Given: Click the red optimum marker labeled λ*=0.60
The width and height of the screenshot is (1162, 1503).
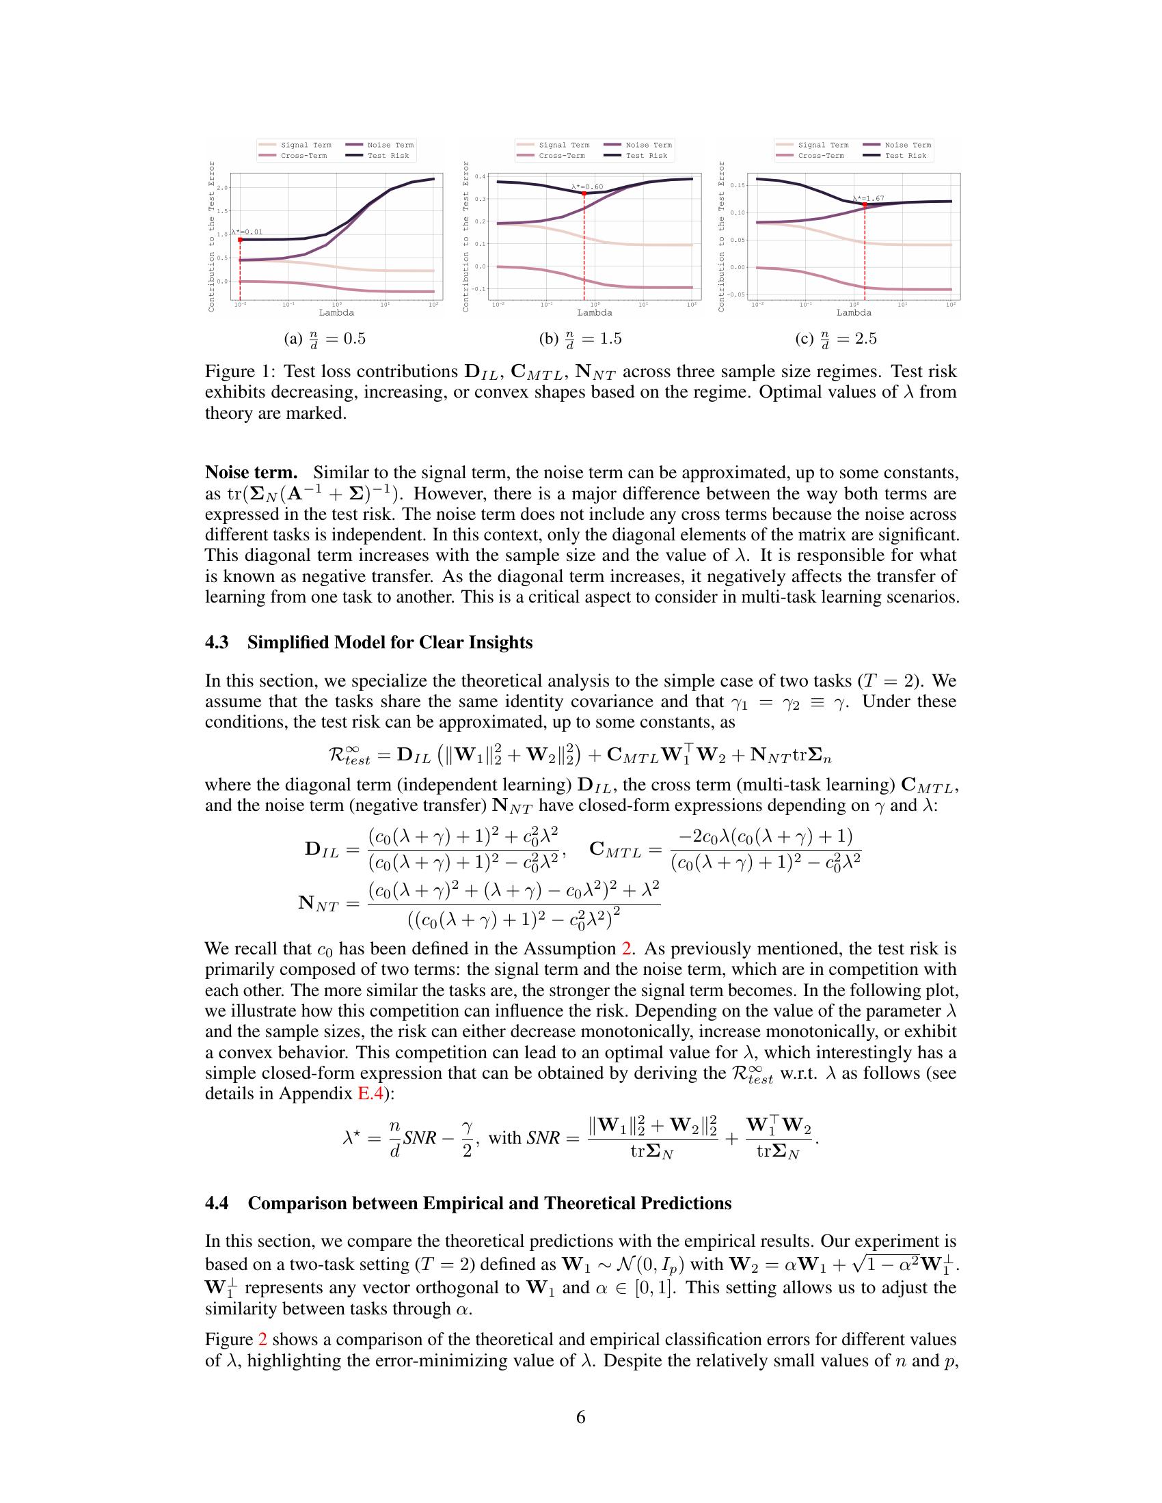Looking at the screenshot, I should tap(584, 194).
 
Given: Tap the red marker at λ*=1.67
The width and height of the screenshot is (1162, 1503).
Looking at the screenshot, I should tap(864, 205).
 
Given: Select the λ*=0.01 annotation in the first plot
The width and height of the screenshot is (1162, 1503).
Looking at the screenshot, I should tap(247, 232).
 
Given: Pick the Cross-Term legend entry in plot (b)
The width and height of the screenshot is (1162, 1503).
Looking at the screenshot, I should tap(561, 156).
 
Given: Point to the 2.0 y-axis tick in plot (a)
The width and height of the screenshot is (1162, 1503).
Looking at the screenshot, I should tap(221, 188).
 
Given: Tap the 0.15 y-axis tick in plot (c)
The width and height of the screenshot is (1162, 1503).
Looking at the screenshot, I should tap(737, 185).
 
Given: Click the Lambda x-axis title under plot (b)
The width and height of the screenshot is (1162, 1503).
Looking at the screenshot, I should tap(595, 312).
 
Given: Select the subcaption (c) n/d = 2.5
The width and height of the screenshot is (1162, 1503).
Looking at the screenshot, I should tap(835, 339).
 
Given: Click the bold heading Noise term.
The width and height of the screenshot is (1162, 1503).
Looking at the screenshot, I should tap(251, 473).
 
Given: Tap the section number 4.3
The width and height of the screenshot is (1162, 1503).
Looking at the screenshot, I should tap(218, 643).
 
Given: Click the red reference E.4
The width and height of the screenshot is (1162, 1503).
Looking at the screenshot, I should tap(370, 1094).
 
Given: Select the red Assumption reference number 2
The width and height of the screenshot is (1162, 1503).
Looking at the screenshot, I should tap(626, 949).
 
